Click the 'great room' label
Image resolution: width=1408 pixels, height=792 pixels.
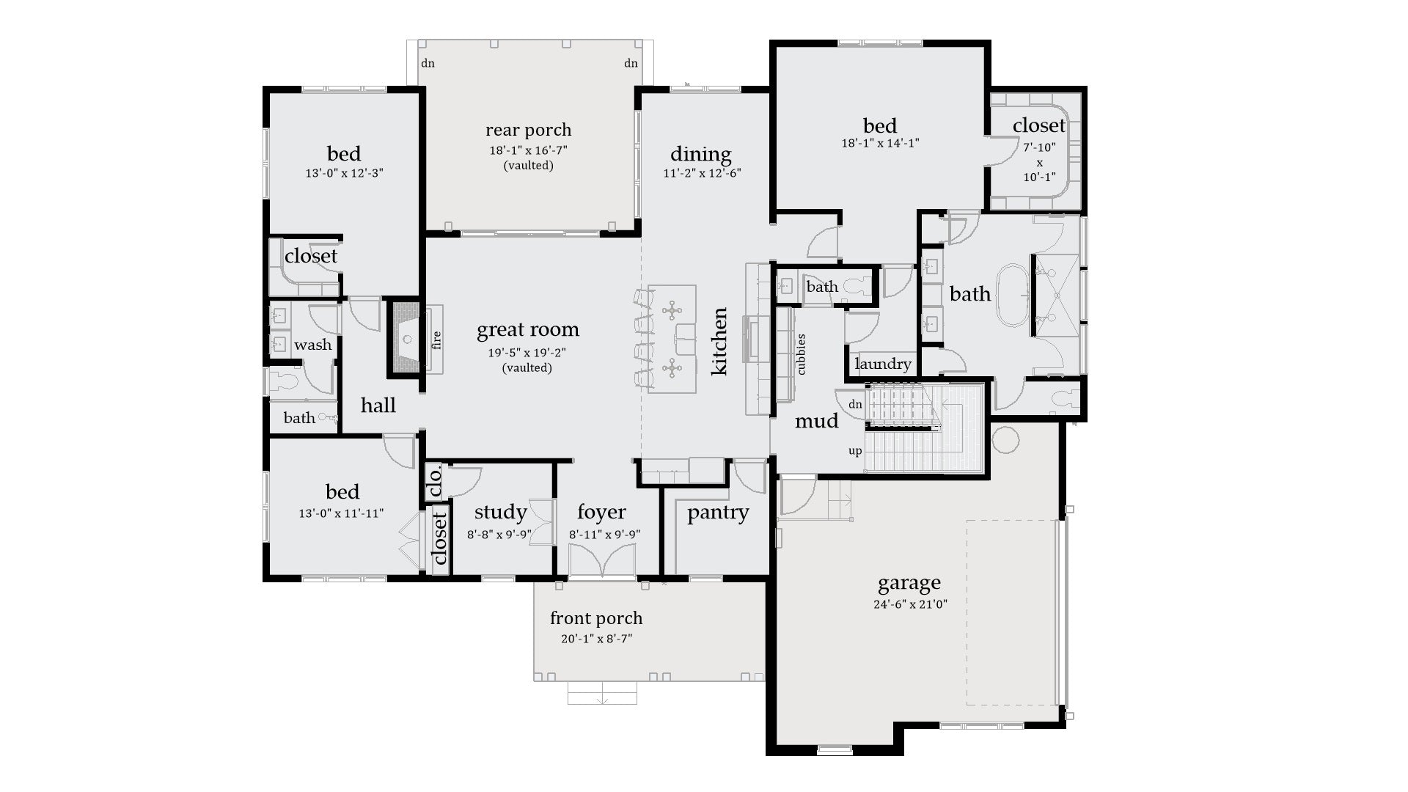[527, 330]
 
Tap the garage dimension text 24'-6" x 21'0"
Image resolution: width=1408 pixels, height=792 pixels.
[909, 605]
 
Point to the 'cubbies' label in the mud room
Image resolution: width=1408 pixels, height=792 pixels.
[801, 354]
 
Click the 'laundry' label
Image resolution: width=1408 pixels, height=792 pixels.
[883, 364]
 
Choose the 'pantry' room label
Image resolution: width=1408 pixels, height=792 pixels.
[717, 513]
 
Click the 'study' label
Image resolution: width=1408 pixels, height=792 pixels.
[500, 512]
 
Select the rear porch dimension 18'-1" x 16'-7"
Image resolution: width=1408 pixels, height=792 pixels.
[528, 150]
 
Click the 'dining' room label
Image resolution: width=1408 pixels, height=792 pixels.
[700, 154]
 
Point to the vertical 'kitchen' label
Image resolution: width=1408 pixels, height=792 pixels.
[719, 342]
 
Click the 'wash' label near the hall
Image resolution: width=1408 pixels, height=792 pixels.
[312, 345]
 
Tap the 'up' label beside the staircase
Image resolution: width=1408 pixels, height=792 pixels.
[855, 451]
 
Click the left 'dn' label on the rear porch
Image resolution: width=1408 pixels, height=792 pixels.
[428, 63]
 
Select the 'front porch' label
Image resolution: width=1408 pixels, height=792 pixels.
[595, 618]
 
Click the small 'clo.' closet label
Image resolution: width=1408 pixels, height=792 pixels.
[434, 482]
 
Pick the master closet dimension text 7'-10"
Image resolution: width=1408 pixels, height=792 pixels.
[1039, 147]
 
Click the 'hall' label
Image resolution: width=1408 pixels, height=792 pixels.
[378, 406]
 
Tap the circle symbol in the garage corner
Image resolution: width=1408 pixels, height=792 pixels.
[1005, 440]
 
